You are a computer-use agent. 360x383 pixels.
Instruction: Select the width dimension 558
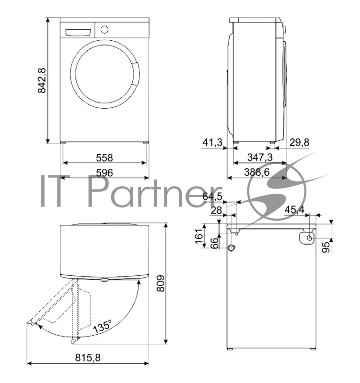[104, 158]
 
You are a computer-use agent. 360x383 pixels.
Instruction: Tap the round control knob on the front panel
[105, 29]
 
